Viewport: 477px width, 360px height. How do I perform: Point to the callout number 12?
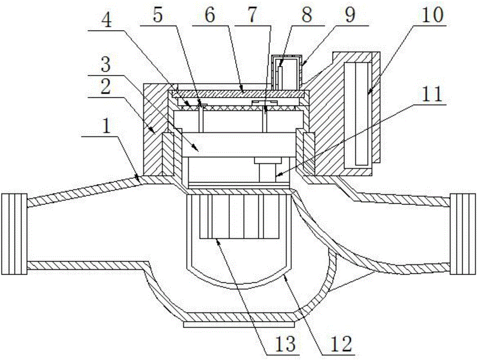[x=341, y=344]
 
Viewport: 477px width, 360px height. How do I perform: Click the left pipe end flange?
[x=14, y=234]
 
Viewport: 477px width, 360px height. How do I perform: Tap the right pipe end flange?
[x=462, y=234]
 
